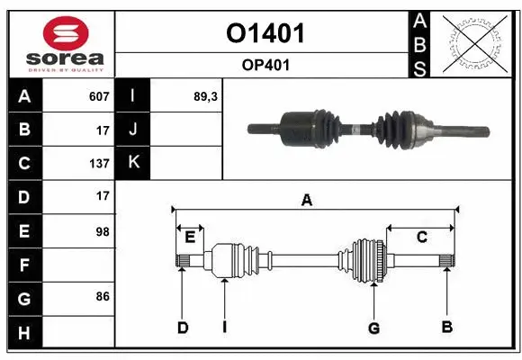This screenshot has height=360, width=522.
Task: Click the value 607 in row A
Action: click(99, 96)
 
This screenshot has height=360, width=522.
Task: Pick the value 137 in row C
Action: click(99, 164)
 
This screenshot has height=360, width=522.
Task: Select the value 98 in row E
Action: click(102, 231)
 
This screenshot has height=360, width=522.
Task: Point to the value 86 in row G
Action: click(102, 295)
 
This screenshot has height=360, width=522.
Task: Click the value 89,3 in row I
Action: click(207, 96)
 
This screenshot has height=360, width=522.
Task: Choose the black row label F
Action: click(24, 265)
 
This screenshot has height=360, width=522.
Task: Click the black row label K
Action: click(133, 163)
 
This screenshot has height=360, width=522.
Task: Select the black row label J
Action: click(133, 130)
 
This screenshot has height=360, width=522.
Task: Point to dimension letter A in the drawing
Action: click(307, 200)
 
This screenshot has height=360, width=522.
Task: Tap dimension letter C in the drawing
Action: click(420, 237)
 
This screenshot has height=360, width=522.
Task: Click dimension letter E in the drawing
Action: click(190, 238)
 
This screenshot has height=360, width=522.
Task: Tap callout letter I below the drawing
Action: click(224, 327)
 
